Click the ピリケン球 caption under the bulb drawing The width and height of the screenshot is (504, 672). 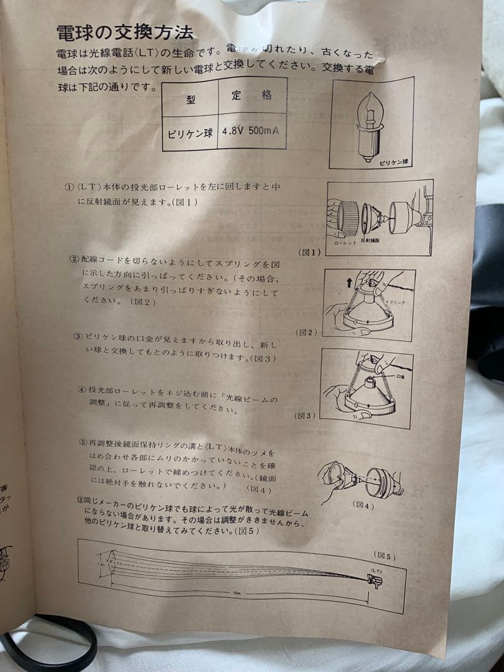(392, 162)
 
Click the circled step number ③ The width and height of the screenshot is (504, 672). (78, 336)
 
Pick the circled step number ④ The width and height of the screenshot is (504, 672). (82, 390)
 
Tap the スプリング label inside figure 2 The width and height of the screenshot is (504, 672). (396, 302)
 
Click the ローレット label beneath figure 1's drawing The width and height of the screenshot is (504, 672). (345, 244)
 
